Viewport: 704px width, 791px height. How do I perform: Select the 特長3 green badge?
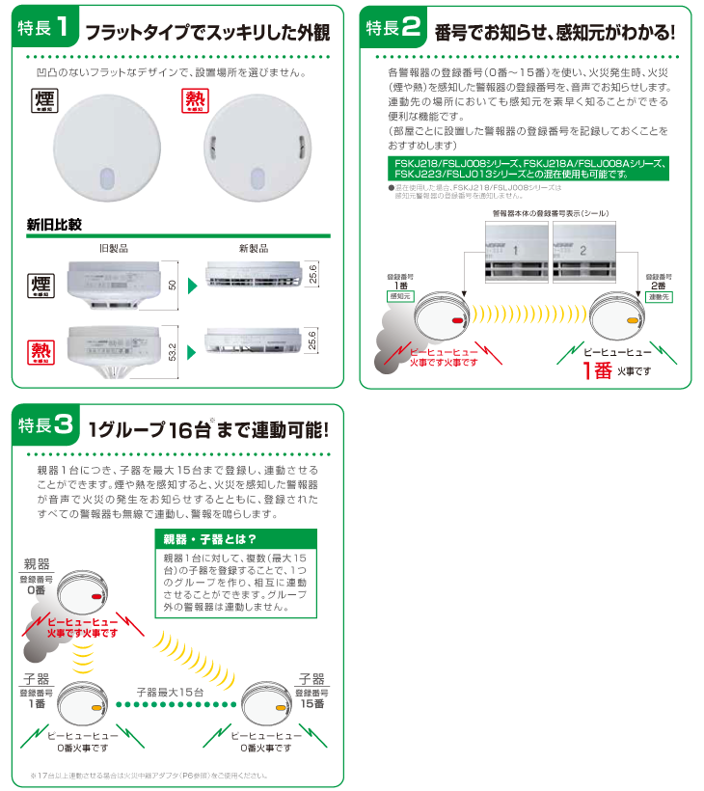click(43, 425)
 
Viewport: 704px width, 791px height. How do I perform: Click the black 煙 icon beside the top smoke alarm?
click(41, 101)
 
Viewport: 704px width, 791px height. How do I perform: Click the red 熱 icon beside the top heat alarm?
click(196, 101)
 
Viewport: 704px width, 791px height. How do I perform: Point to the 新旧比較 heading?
click(54, 225)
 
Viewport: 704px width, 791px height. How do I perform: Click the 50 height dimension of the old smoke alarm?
click(174, 286)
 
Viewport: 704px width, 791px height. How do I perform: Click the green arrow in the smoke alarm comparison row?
click(193, 286)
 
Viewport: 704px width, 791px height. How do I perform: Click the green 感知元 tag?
click(400, 298)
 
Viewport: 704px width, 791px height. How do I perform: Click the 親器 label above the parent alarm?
click(36, 563)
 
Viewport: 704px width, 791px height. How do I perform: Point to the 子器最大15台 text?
click(169, 692)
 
